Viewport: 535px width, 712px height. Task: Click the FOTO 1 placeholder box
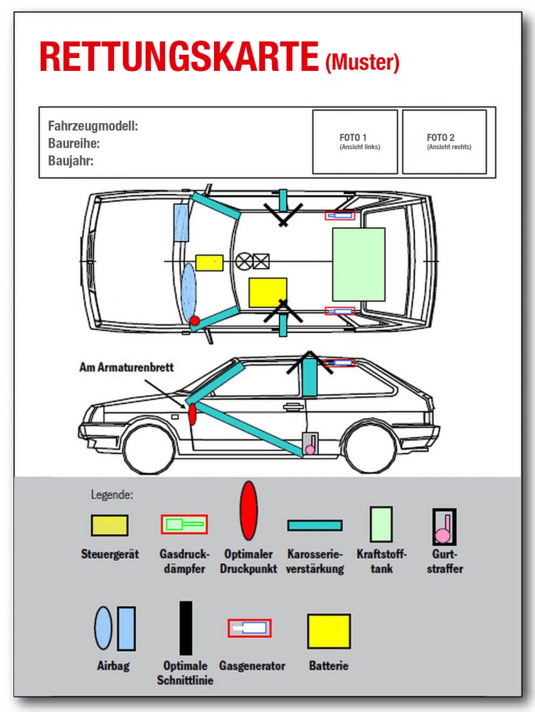[x=355, y=142]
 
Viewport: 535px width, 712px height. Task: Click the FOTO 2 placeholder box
[x=444, y=142]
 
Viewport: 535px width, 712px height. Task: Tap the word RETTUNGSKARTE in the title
[x=179, y=58]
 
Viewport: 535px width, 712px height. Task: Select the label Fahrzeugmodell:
[x=93, y=126]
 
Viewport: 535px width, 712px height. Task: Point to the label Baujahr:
[x=71, y=160]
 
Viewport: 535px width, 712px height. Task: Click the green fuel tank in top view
[x=358, y=264]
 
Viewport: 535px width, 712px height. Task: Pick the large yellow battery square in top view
[x=267, y=292]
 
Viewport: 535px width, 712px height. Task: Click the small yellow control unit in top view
[x=209, y=263]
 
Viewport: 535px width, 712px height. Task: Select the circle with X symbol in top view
[x=244, y=262]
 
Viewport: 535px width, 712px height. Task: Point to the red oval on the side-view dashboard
[x=191, y=414]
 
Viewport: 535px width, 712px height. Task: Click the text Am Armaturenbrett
[x=126, y=367]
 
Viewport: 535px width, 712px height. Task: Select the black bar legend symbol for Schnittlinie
[x=186, y=628]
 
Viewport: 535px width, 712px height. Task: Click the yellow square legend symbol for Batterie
[x=329, y=631]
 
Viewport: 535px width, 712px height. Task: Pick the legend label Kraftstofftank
[x=382, y=561]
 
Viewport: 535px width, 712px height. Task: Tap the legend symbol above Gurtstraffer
[x=443, y=526]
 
